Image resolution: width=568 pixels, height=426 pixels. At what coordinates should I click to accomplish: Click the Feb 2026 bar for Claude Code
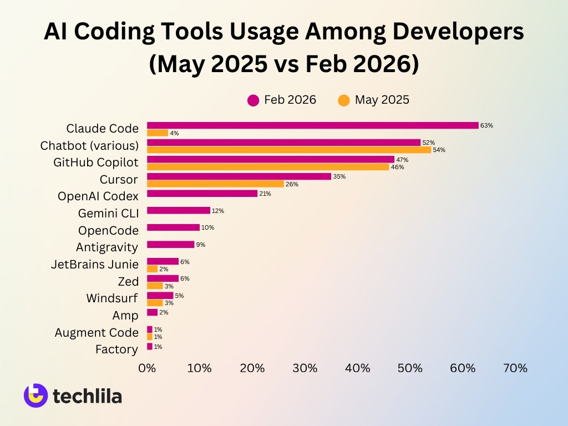(x=312, y=125)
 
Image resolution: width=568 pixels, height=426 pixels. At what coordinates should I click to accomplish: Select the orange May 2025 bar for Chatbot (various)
(x=288, y=150)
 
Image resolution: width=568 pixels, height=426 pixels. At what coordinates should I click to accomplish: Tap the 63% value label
(x=486, y=125)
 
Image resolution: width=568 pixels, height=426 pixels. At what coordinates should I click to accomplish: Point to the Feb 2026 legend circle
(x=253, y=100)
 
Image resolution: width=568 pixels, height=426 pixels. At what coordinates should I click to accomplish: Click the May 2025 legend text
(x=382, y=100)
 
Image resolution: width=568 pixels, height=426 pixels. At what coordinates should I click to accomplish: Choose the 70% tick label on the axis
(x=515, y=368)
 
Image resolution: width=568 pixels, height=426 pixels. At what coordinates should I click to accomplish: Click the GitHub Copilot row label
(x=95, y=163)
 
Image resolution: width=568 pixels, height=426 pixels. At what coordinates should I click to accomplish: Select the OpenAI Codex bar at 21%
(x=202, y=194)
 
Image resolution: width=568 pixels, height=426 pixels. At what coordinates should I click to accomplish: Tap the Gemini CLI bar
(x=178, y=211)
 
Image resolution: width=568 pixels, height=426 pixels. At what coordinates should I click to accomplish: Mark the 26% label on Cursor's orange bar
(x=292, y=184)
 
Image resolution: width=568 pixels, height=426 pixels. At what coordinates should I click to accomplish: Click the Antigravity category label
(x=107, y=247)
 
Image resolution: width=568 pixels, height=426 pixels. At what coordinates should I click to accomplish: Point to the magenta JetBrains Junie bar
(x=163, y=262)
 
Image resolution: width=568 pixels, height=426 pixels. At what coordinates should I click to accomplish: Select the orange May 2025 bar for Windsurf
(x=155, y=303)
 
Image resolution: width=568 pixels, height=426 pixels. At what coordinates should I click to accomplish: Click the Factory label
(x=116, y=349)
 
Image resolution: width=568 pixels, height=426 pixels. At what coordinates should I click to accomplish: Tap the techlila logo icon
(x=35, y=395)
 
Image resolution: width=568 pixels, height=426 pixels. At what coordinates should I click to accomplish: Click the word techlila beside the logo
(x=87, y=396)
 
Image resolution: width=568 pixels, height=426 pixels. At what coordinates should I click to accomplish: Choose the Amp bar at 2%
(x=152, y=312)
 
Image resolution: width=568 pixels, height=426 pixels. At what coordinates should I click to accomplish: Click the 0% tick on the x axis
(x=147, y=368)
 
